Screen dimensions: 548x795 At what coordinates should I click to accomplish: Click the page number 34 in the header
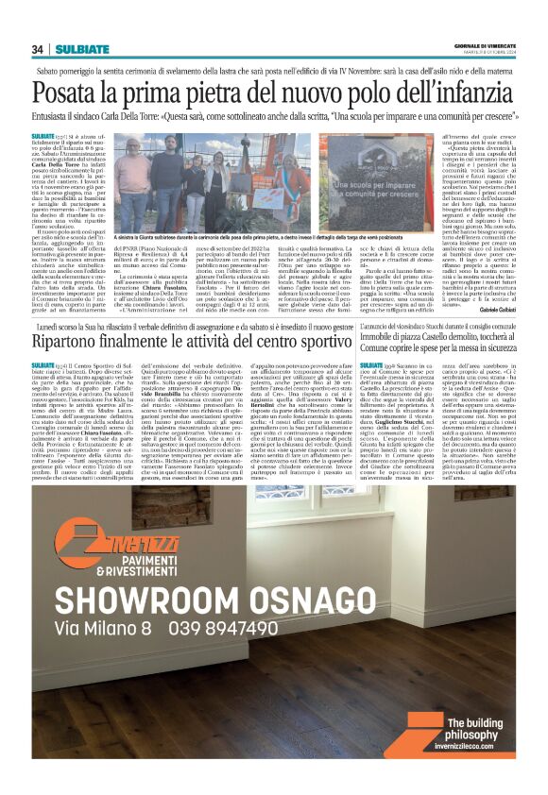click(x=38, y=49)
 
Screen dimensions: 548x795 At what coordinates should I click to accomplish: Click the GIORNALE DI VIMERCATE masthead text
click(x=484, y=46)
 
